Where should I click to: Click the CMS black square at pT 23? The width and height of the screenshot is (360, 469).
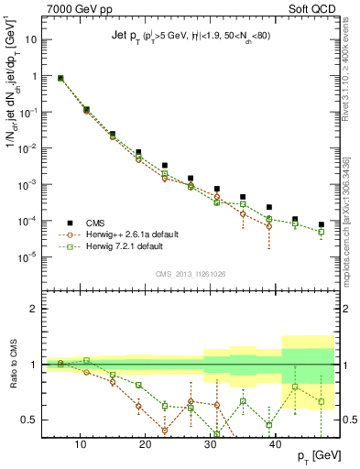point(165,166)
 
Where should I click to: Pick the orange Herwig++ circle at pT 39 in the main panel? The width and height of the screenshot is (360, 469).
point(269,226)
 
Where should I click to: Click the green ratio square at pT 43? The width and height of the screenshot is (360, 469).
point(295,387)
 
